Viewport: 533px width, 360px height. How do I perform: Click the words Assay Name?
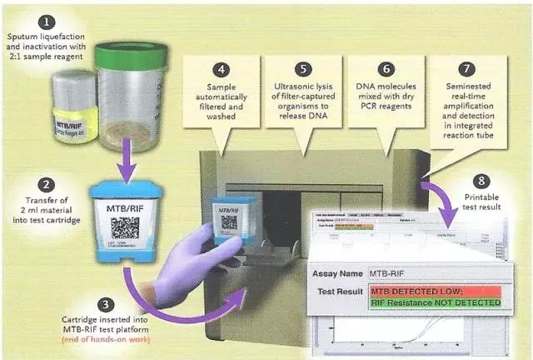click(343, 272)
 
